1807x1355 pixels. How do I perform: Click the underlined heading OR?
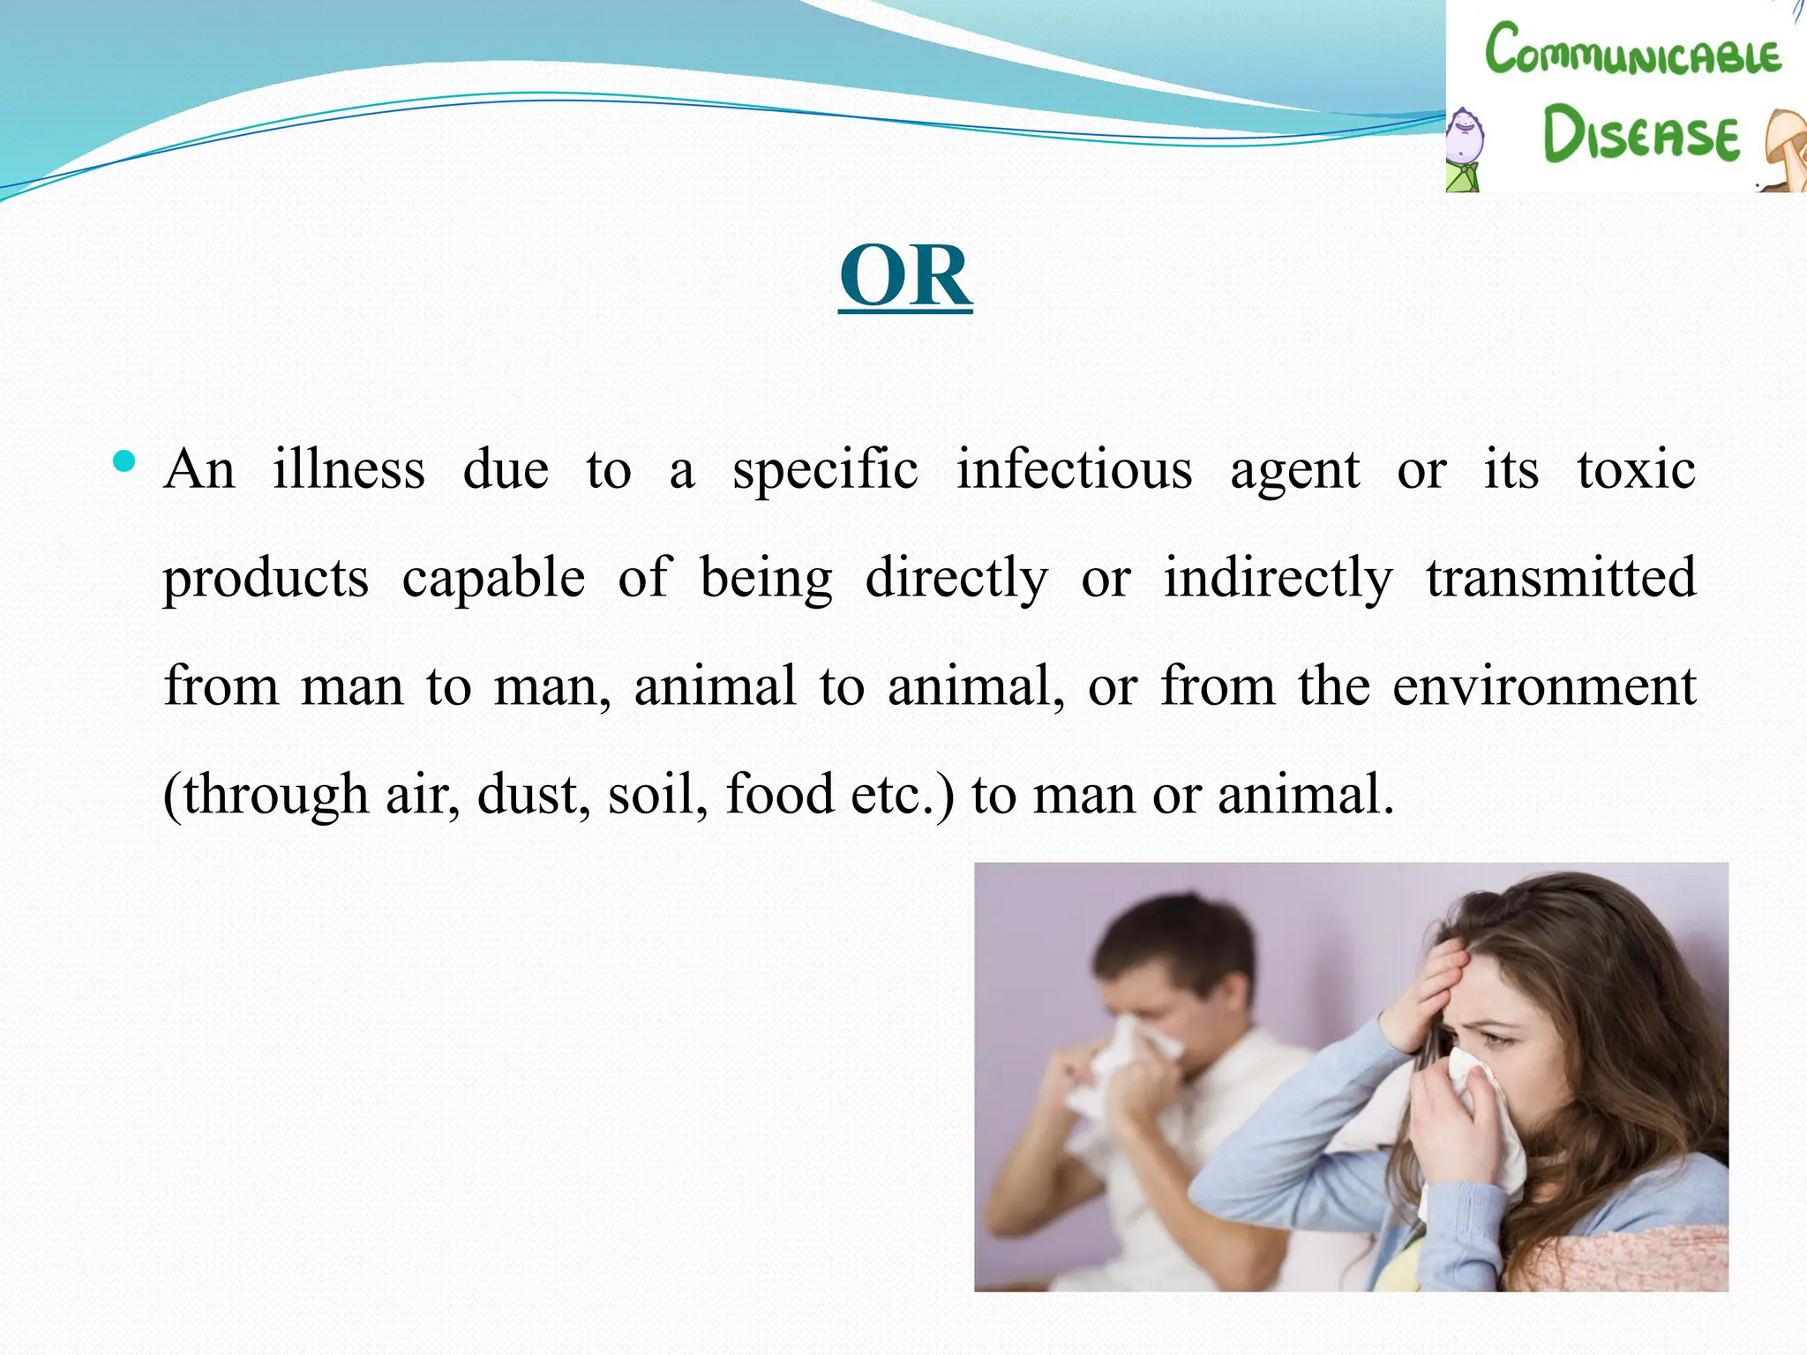(x=905, y=277)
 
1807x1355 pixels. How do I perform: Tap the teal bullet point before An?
(x=124, y=461)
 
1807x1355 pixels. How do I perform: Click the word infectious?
(x=1075, y=469)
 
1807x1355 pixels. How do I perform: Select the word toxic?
(x=1636, y=469)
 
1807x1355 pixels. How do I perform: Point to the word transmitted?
(x=1561, y=579)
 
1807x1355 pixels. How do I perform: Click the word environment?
(x=1544, y=686)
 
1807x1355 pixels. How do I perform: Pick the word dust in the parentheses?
(x=533, y=794)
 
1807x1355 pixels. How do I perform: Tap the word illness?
(x=349, y=469)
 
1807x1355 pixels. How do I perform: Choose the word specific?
(x=825, y=471)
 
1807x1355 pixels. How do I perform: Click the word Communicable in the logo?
(x=1632, y=51)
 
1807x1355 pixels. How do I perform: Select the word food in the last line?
(x=779, y=794)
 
